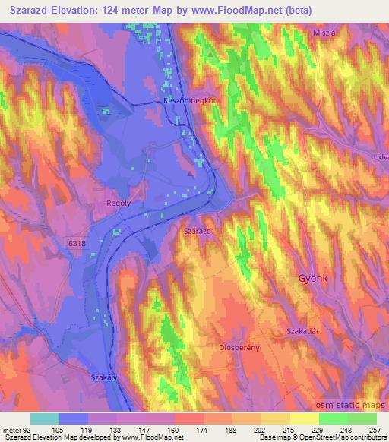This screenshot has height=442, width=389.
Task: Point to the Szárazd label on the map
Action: coord(198,229)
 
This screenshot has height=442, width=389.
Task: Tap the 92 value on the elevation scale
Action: coord(27,428)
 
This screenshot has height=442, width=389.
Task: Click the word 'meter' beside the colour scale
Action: coord(11,428)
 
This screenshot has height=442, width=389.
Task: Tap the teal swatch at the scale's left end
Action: coord(44,418)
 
